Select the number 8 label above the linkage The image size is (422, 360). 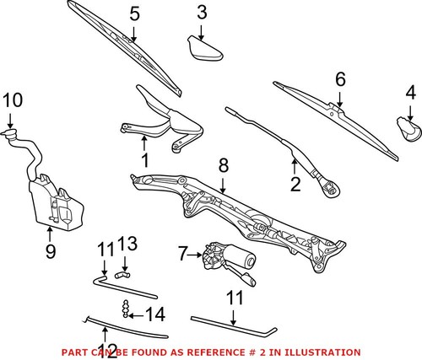223,165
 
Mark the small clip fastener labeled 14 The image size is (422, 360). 127,309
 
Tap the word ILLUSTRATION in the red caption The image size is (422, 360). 322,352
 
